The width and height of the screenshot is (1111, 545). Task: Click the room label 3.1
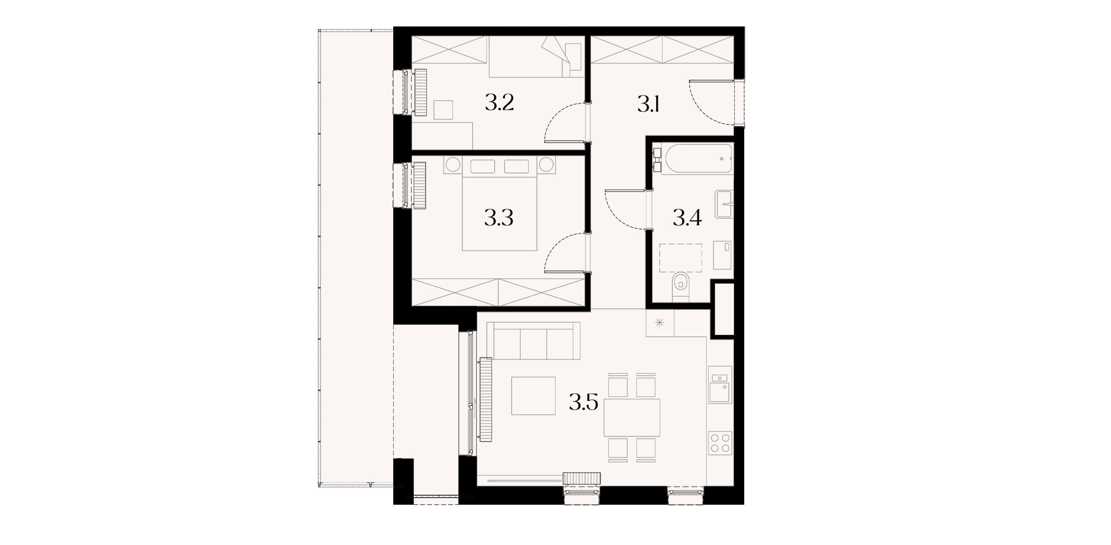click(x=648, y=104)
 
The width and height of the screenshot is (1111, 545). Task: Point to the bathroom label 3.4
click(x=687, y=218)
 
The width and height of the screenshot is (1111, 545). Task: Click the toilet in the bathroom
click(x=680, y=287)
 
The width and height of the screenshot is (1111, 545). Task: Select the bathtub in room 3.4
click(x=697, y=159)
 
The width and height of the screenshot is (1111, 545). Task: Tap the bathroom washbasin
click(x=723, y=204)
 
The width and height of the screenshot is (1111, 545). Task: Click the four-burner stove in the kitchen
click(x=720, y=443)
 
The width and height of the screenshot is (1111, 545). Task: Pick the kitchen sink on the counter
click(x=720, y=384)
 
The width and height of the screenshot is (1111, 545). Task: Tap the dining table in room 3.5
click(x=632, y=418)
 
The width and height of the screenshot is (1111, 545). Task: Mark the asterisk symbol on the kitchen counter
click(x=659, y=323)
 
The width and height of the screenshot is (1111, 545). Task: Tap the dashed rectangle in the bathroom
click(x=680, y=258)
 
